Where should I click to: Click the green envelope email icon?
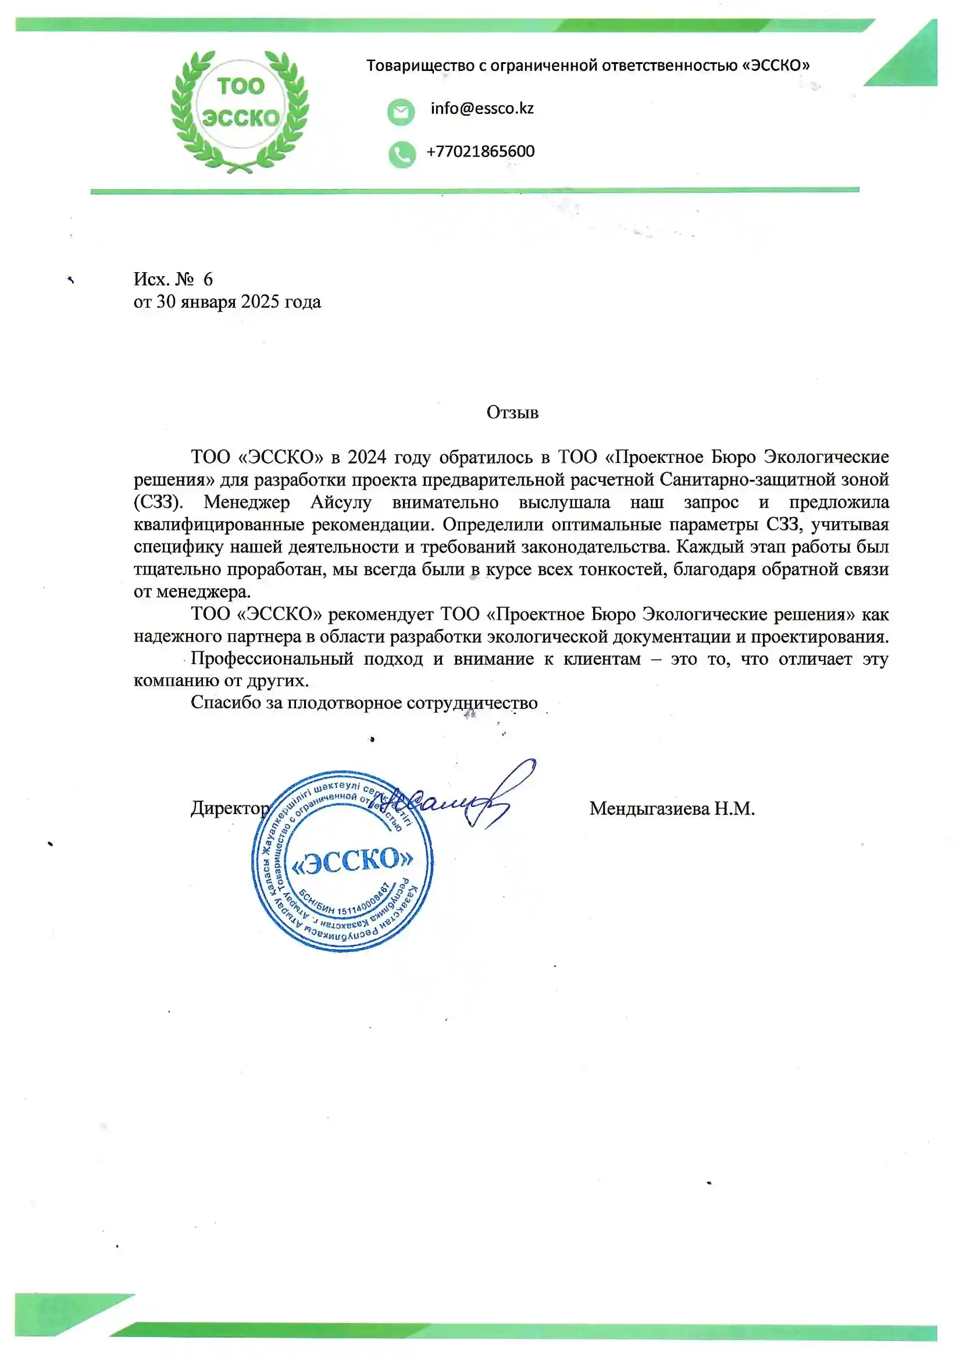tap(401, 112)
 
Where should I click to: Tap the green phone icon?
tap(402, 154)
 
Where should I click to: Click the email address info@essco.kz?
tap(481, 109)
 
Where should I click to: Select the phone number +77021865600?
tap(480, 151)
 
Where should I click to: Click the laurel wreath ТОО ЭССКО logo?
tap(240, 111)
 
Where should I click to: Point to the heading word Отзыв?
tap(512, 412)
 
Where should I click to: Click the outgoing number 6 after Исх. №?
tap(208, 279)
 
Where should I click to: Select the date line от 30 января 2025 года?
tap(227, 302)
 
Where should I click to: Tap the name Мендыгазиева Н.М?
tap(672, 809)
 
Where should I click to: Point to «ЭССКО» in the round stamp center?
tap(352, 861)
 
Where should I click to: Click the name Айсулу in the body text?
tap(341, 502)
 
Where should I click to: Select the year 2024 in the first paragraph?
tap(366, 457)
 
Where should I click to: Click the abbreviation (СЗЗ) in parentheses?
tap(158, 502)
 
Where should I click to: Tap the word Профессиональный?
tap(272, 659)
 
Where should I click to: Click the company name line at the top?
tap(588, 65)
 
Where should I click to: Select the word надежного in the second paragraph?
tap(173, 637)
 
